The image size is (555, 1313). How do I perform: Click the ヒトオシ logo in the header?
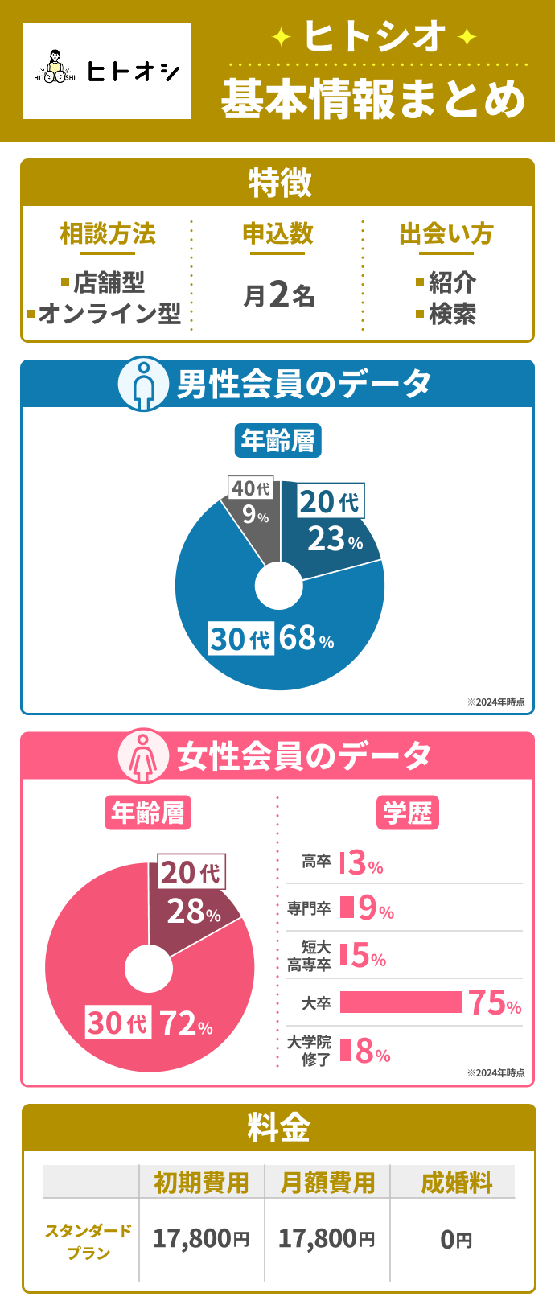(107, 71)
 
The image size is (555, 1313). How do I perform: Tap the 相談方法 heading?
(108, 234)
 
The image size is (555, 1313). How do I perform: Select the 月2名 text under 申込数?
(278, 296)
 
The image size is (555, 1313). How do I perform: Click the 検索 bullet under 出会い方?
(446, 314)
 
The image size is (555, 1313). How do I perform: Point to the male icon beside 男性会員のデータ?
(143, 384)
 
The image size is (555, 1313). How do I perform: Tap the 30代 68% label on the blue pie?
(271, 638)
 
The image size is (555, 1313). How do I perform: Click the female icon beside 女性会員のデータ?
(143, 756)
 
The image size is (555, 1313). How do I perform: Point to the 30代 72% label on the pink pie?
(150, 1023)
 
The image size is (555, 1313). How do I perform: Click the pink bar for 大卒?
(401, 1002)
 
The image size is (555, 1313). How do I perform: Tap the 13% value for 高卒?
(361, 863)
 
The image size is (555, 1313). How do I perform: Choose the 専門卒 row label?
(309, 908)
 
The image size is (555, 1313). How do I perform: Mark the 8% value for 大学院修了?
(372, 1052)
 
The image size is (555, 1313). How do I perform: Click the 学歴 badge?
(407, 813)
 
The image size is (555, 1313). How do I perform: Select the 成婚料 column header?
(456, 1183)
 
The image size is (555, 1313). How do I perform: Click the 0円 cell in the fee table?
(456, 1240)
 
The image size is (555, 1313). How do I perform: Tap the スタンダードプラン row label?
(88, 1241)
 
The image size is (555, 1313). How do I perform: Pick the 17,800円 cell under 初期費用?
(201, 1239)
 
